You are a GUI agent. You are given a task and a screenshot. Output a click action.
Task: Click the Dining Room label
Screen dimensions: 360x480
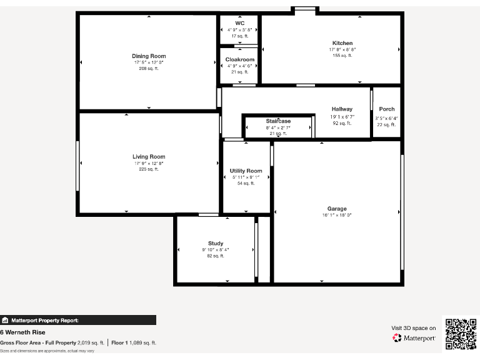click(x=149, y=56)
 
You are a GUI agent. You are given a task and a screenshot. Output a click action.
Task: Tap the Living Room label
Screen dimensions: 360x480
click(x=149, y=157)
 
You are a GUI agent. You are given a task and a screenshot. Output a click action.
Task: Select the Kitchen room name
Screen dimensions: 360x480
click(x=342, y=43)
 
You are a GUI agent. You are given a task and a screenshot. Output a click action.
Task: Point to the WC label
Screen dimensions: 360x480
click(x=239, y=23)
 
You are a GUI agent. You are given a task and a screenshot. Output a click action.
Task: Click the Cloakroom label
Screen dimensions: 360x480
click(x=240, y=59)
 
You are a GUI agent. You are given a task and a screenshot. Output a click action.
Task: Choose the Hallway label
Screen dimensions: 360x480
click(x=342, y=109)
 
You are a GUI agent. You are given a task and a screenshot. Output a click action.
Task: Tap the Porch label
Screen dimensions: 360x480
click(x=387, y=109)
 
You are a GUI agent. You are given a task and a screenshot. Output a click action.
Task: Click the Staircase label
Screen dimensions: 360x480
click(x=278, y=121)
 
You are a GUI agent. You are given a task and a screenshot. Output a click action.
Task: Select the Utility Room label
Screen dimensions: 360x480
click(x=246, y=171)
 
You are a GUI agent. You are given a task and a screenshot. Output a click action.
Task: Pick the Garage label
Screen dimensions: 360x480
click(x=337, y=209)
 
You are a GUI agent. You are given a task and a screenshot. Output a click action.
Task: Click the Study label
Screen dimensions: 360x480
click(x=216, y=244)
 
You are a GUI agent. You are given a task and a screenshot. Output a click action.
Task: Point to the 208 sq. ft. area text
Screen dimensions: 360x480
click(x=149, y=68)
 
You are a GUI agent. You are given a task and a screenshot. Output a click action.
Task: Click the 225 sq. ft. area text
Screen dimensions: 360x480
click(x=149, y=169)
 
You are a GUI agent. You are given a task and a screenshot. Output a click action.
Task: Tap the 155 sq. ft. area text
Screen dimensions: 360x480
click(x=342, y=56)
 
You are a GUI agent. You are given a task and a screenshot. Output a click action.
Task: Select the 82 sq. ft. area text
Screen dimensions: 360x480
click(x=216, y=256)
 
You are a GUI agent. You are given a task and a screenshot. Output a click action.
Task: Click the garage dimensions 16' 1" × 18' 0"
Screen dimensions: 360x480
click(x=337, y=215)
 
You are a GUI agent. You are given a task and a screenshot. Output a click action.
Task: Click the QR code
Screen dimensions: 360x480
click(x=461, y=334)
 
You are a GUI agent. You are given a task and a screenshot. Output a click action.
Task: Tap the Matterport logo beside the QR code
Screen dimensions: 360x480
click(x=414, y=338)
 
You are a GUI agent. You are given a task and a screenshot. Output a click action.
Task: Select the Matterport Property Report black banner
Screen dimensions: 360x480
click(x=78, y=320)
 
